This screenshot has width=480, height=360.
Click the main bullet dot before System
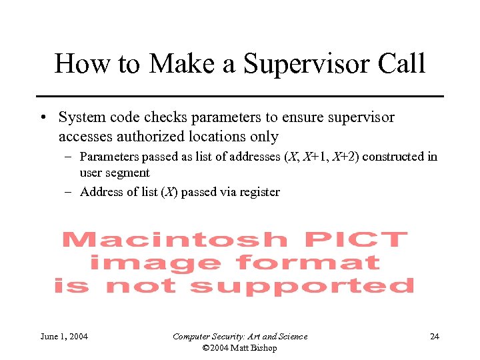pyautogui.click(x=42, y=118)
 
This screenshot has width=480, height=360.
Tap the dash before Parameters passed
pyautogui.click(x=69, y=157)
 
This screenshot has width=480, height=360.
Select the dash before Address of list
pyautogui.click(x=69, y=193)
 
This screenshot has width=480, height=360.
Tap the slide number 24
pyautogui.click(x=434, y=337)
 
